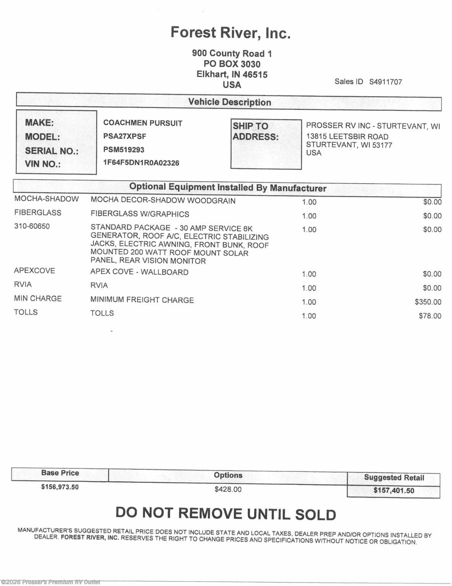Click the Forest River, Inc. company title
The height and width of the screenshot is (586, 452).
point(231,33)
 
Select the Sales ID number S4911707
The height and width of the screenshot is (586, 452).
point(385,82)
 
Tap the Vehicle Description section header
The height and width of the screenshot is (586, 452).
point(229,102)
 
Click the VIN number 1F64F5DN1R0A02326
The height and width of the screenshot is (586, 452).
point(141,163)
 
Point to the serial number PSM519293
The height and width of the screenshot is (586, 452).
point(124,150)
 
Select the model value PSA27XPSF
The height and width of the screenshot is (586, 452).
point(124,136)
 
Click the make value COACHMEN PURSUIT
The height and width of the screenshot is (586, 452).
point(143,123)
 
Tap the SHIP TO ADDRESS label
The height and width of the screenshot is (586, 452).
point(256,131)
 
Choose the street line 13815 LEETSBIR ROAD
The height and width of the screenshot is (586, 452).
point(347,137)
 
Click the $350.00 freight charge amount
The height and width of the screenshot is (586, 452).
point(428,302)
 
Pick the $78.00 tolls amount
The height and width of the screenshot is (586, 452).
point(430,316)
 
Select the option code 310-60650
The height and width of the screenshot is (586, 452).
point(32,226)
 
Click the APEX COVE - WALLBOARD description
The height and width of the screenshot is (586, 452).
point(139,272)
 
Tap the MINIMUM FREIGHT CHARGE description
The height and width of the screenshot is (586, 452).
point(142,300)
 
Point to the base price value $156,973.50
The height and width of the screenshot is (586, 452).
point(60,487)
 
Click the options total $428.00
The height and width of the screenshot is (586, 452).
point(228,489)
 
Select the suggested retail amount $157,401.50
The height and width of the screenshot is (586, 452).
point(394,491)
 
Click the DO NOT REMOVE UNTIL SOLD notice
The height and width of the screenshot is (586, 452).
point(226,514)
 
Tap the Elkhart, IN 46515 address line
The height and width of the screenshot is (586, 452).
point(232,74)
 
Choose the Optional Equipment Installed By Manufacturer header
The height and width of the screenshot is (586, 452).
point(228,187)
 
